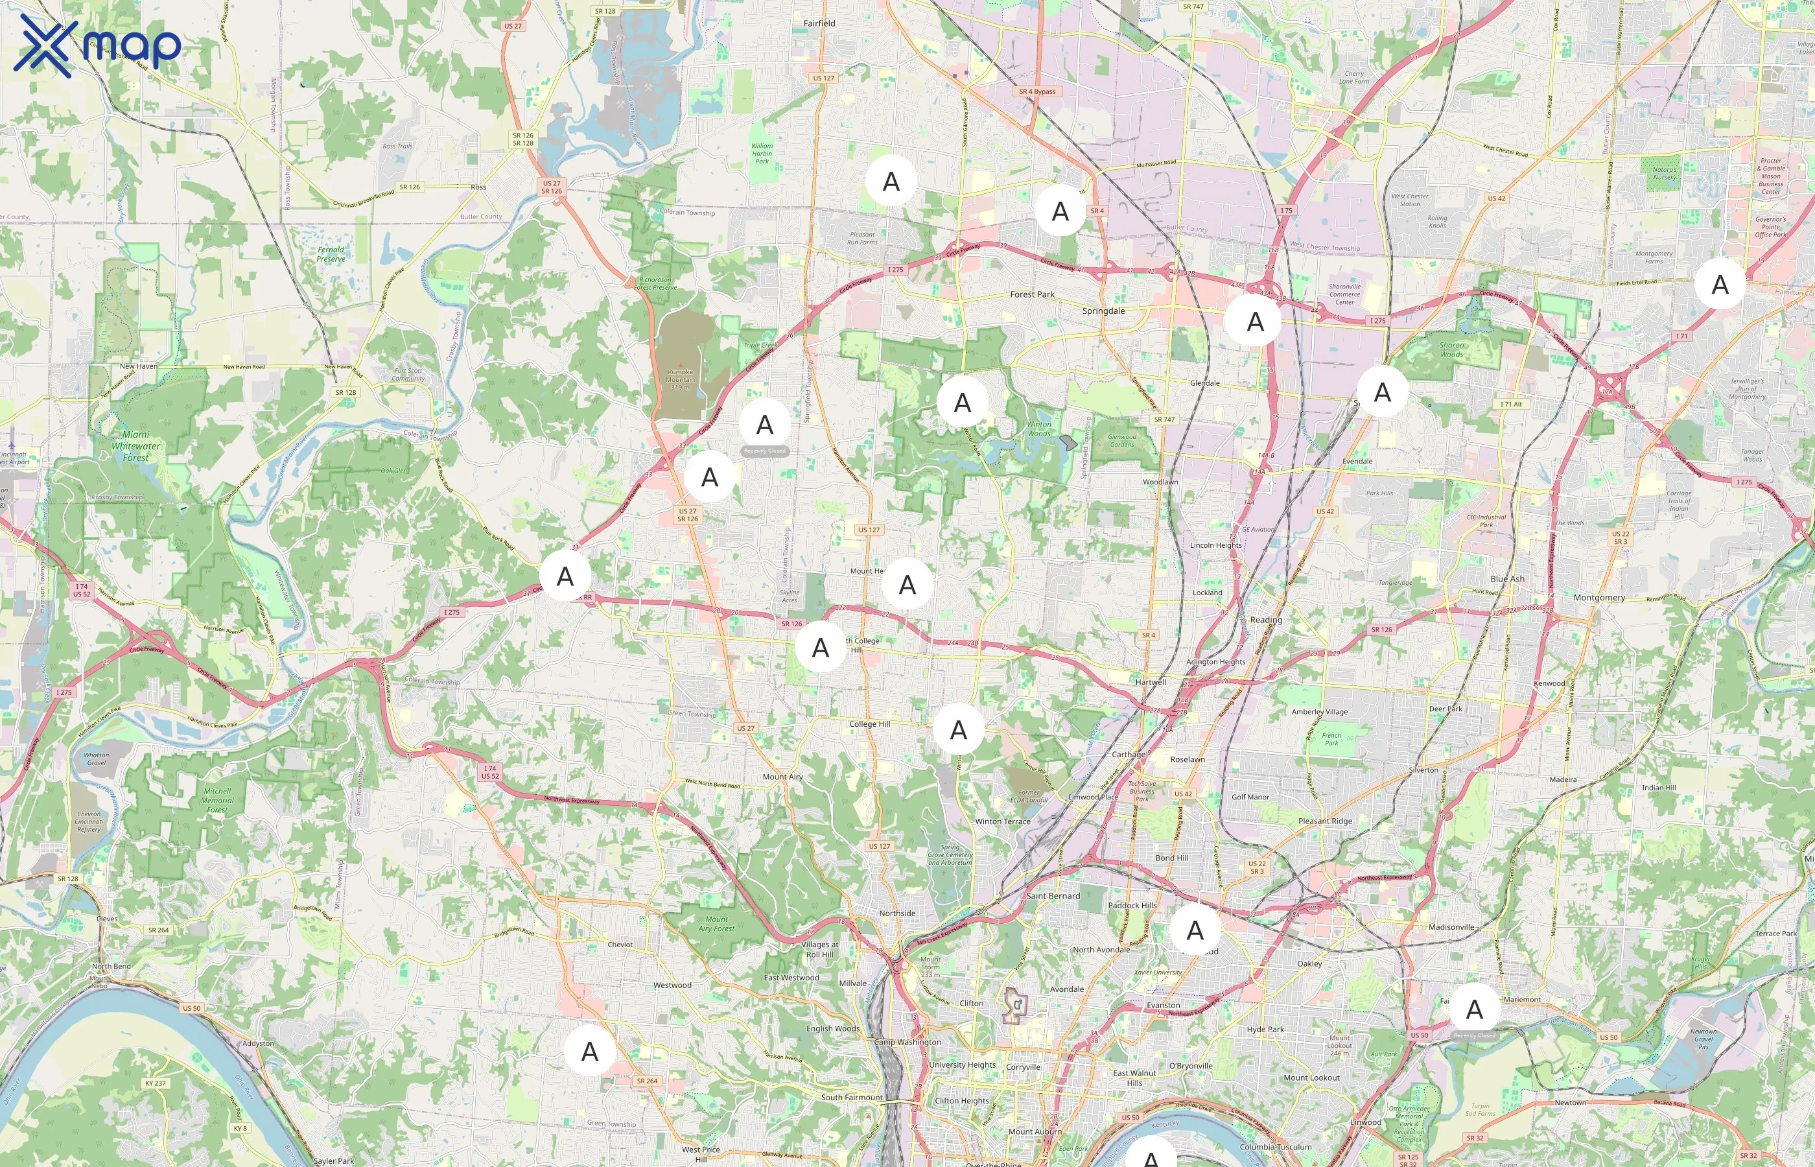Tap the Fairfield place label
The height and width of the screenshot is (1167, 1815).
tap(819, 23)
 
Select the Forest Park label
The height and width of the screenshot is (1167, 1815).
tap(1032, 294)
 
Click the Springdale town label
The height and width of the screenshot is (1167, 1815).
tap(1103, 311)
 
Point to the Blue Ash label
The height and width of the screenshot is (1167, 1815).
tap(1506, 578)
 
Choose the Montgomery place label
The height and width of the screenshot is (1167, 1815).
tap(1598, 597)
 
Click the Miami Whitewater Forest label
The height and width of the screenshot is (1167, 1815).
tap(135, 445)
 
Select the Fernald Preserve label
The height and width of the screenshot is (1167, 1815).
tap(331, 254)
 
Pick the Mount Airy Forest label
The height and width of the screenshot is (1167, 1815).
tap(716, 923)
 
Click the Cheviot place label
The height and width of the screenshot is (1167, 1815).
tap(620, 944)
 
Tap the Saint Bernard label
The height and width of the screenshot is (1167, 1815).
tap(1052, 896)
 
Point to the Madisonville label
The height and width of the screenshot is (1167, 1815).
tap(1451, 926)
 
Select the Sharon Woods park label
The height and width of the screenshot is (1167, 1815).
tap(1451, 349)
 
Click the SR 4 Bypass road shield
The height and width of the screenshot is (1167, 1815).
tap(1036, 91)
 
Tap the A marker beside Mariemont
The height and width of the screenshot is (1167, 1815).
tap(1473, 1009)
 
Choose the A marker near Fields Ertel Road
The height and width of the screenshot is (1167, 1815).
tap(1720, 284)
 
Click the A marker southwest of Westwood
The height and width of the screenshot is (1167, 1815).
tap(589, 1051)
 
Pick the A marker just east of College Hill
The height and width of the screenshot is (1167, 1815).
tap(958, 729)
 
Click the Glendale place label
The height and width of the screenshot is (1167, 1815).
tap(1204, 383)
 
